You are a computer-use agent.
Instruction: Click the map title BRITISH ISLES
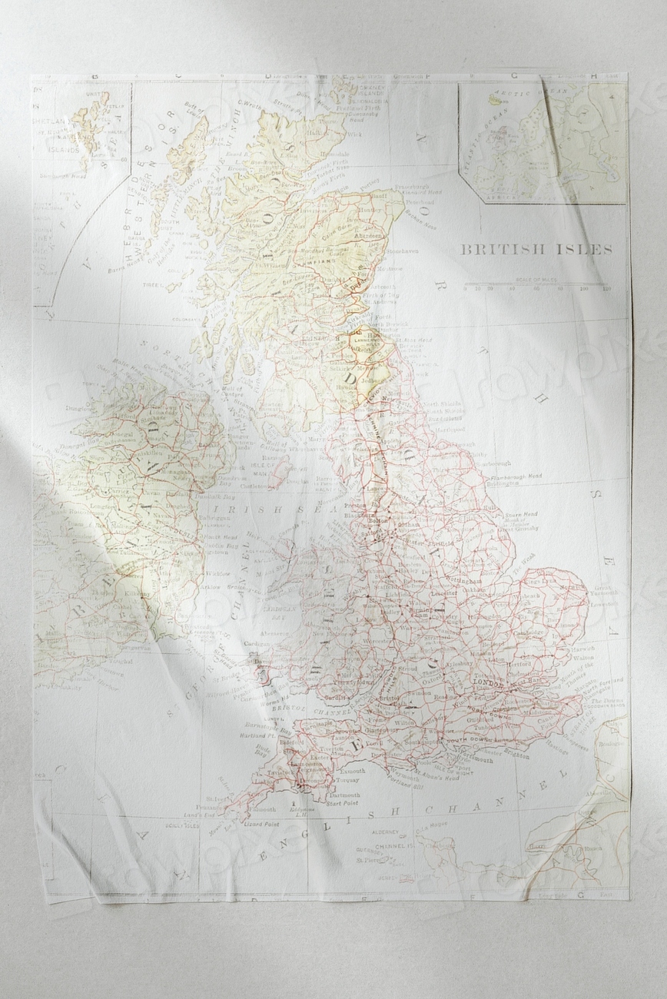tap(536, 249)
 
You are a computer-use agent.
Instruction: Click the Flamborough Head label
tap(515, 476)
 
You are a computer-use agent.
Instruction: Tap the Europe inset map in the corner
tap(543, 142)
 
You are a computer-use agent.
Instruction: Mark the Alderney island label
tap(384, 832)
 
